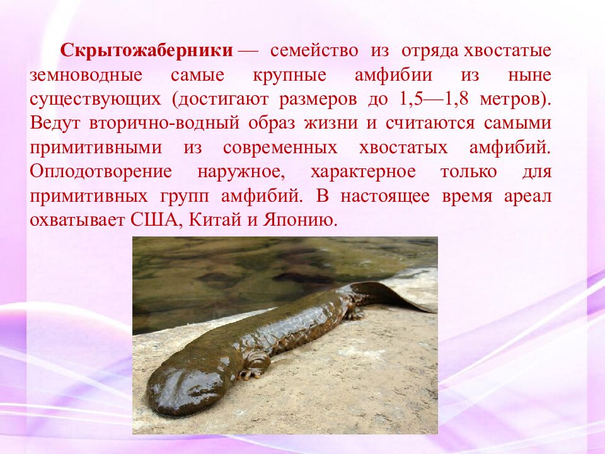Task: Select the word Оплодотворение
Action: point(101,172)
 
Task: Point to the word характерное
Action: point(363,172)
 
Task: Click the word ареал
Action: point(527,195)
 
